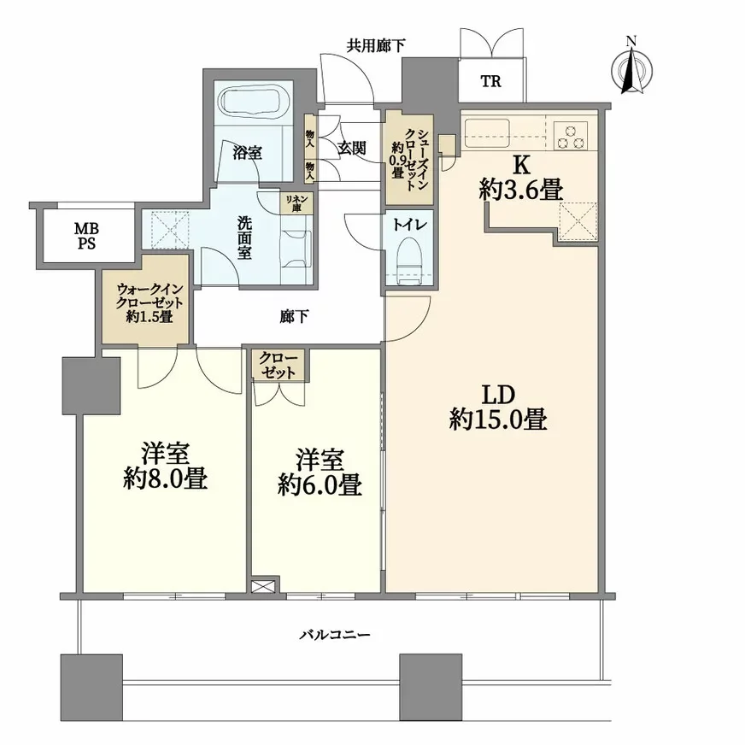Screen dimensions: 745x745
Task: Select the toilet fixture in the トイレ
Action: point(408,261)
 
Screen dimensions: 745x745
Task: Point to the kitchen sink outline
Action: point(486,133)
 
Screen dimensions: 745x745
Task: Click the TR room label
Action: point(491,81)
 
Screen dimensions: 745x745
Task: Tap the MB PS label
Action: point(86,236)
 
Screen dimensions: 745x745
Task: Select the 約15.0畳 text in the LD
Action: point(498,420)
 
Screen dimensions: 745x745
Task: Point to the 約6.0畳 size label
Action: point(320,484)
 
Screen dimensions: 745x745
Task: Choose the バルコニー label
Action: point(335,635)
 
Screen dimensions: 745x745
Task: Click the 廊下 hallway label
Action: point(294,316)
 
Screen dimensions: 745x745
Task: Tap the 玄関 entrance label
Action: point(352,149)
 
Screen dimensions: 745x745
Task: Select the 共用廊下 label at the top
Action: point(376,45)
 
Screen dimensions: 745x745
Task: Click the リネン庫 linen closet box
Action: point(296,204)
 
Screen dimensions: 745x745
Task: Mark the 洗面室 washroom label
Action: point(244,238)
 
